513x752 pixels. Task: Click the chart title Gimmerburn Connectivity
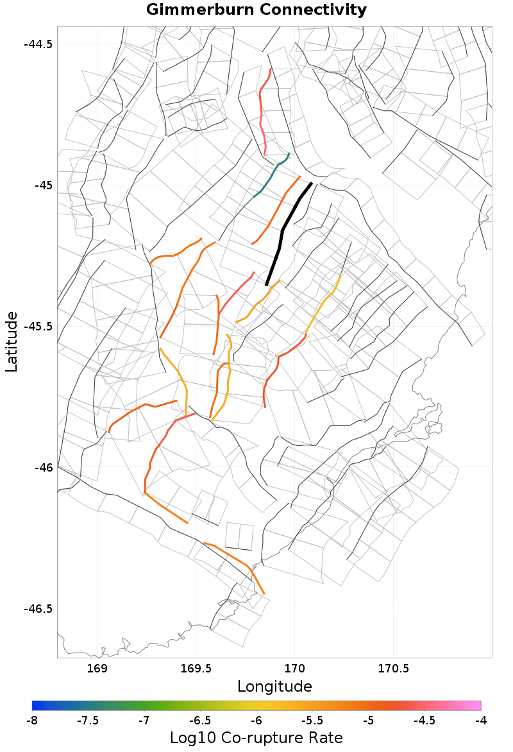pos(256,10)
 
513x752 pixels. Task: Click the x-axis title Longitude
pos(274,687)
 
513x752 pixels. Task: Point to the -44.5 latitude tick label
pos(38,44)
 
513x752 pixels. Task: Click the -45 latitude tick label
pos(44,185)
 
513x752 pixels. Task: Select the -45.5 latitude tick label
pos(38,326)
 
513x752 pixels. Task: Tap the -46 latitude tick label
pos(44,467)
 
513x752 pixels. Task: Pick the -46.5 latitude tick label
pos(38,608)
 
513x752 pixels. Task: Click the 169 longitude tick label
pos(97,669)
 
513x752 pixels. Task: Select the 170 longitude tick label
pos(294,669)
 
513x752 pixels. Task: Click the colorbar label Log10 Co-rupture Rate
pos(256,737)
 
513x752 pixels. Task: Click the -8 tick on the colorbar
pos(32,721)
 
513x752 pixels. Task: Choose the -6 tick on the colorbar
pos(256,721)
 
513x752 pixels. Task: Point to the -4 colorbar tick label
pos(481,721)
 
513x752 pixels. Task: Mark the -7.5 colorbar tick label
pos(88,721)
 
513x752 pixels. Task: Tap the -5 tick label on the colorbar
pos(369,721)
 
